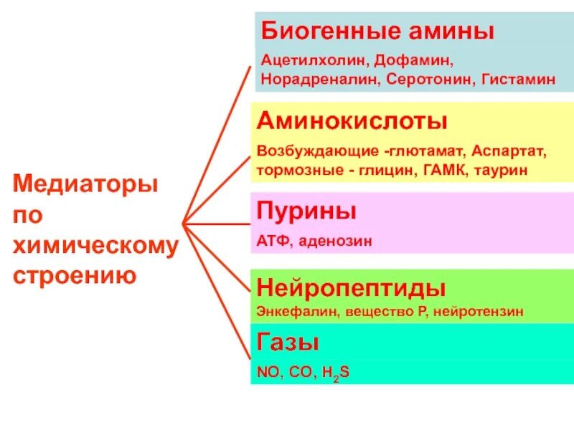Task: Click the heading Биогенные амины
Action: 377,32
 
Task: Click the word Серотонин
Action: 426,78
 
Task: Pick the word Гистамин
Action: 514,78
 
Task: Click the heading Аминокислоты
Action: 352,120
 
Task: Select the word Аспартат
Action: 512,153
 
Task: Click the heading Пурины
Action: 306,212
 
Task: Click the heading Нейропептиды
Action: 351,288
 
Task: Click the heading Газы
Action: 288,343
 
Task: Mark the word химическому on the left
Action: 95,246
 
